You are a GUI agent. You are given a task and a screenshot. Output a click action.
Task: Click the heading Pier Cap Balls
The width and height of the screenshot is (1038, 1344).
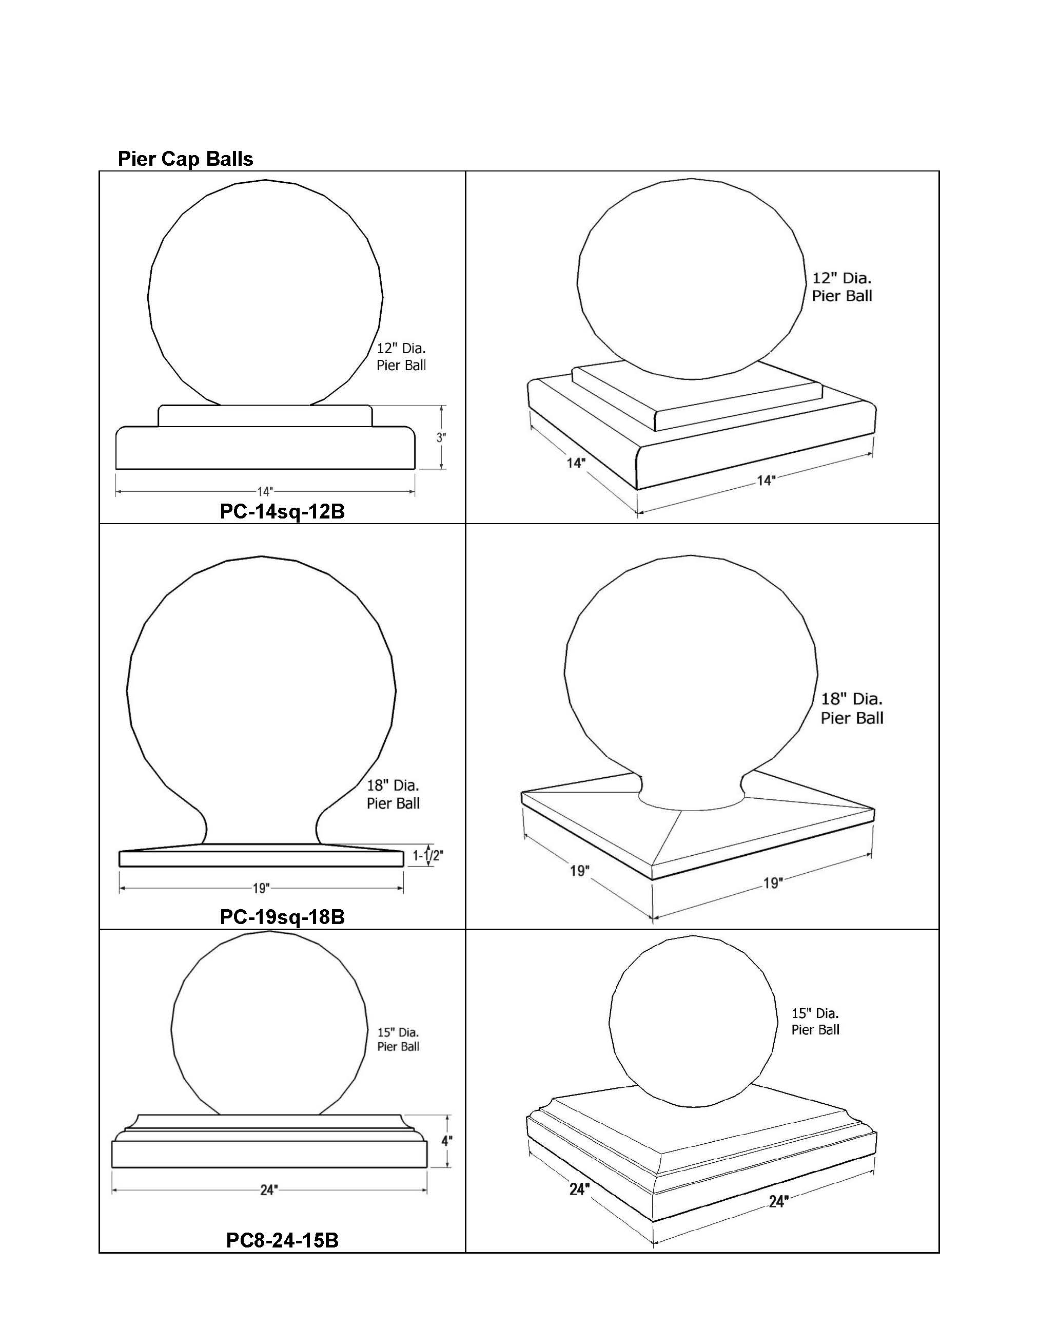185,159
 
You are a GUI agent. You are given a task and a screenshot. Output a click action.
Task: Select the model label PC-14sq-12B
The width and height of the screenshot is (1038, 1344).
282,511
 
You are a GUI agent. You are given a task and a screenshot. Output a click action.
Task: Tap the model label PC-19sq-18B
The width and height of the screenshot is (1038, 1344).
282,917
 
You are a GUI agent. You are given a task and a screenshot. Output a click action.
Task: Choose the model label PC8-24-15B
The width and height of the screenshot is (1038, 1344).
282,1240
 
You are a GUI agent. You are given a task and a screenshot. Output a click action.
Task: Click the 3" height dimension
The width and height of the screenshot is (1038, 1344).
441,437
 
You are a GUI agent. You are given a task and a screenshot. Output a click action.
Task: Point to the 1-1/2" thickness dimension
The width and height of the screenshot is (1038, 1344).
427,855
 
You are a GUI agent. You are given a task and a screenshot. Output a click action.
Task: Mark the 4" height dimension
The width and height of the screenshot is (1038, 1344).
447,1140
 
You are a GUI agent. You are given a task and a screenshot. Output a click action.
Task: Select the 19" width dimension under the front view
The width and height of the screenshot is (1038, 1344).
261,889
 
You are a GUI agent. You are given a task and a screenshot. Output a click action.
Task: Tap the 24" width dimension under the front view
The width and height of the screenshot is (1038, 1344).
269,1190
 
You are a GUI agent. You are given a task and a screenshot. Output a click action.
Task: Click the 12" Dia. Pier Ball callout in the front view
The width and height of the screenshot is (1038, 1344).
401,357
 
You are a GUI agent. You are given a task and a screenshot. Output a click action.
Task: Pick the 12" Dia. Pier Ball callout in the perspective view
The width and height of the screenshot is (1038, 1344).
842,287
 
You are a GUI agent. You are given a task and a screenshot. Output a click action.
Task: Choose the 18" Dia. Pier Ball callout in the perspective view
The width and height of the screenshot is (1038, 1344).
852,708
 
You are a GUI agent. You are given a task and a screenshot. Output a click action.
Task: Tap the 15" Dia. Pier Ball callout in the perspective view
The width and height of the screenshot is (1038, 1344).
815,1022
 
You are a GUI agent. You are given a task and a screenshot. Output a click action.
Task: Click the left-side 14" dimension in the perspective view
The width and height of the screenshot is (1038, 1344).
576,463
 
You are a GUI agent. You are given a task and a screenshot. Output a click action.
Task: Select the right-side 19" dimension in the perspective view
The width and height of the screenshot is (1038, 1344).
773,883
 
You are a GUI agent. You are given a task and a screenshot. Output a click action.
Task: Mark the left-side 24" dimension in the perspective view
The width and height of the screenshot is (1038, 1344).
579,1189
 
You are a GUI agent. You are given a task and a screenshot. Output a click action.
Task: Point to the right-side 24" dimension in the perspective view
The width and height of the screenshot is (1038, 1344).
778,1201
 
